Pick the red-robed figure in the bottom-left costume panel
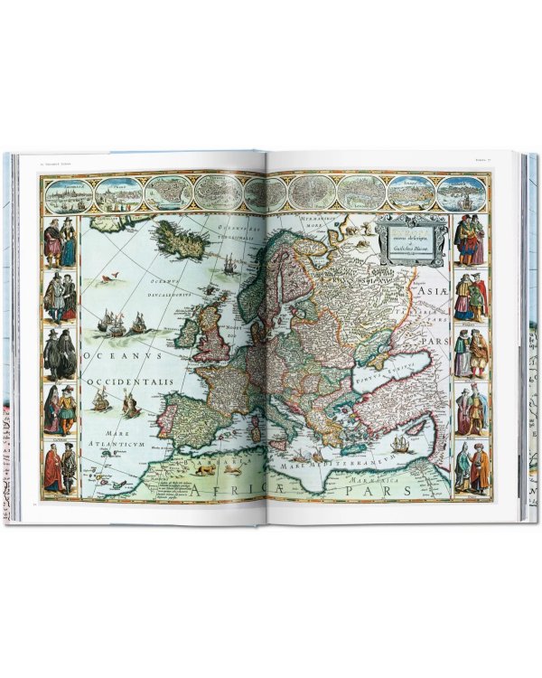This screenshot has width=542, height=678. [x=53, y=471]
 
